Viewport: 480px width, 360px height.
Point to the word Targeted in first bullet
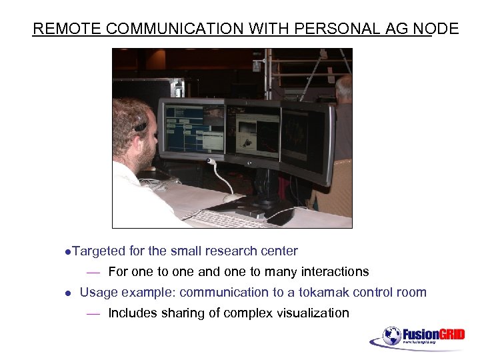pyautogui.click(x=99, y=251)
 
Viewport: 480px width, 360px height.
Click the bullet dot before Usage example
pyautogui.click(x=67, y=293)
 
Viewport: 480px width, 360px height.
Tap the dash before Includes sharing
pyautogui.click(x=93, y=313)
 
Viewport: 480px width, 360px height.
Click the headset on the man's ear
pyautogui.click(x=139, y=125)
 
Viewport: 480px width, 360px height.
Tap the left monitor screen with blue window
pyautogui.click(x=191, y=129)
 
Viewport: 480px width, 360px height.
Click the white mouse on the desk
pyautogui.click(x=233, y=198)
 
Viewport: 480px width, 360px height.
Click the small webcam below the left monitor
pyautogui.click(x=211, y=161)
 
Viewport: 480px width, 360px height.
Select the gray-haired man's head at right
pyautogui.click(x=343, y=87)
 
